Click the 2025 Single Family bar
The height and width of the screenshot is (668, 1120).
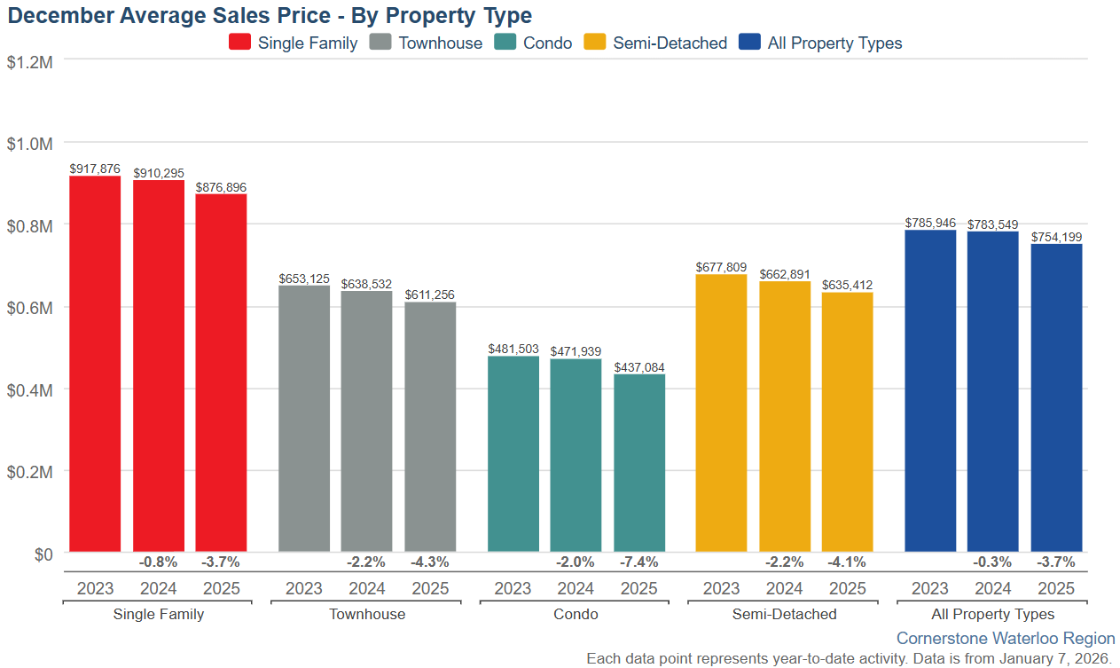(221, 373)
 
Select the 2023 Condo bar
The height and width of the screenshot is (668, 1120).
(513, 453)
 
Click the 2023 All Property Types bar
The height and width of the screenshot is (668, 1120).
(930, 390)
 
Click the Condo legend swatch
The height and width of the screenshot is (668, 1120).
(505, 43)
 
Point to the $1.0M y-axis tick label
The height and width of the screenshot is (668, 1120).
(30, 143)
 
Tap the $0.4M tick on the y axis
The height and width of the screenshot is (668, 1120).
(30, 389)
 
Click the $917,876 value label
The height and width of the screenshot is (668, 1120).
(95, 169)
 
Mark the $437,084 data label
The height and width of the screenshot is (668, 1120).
(639, 366)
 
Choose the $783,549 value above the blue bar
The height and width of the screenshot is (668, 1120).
(992, 224)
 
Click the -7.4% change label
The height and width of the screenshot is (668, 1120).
(639, 562)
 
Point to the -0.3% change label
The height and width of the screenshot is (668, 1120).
(992, 562)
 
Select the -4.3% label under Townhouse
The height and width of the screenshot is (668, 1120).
(430, 562)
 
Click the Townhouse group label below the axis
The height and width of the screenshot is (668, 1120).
(367, 614)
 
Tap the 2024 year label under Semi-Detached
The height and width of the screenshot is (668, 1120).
(784, 588)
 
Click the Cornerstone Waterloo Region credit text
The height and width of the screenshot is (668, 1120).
(1006, 638)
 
